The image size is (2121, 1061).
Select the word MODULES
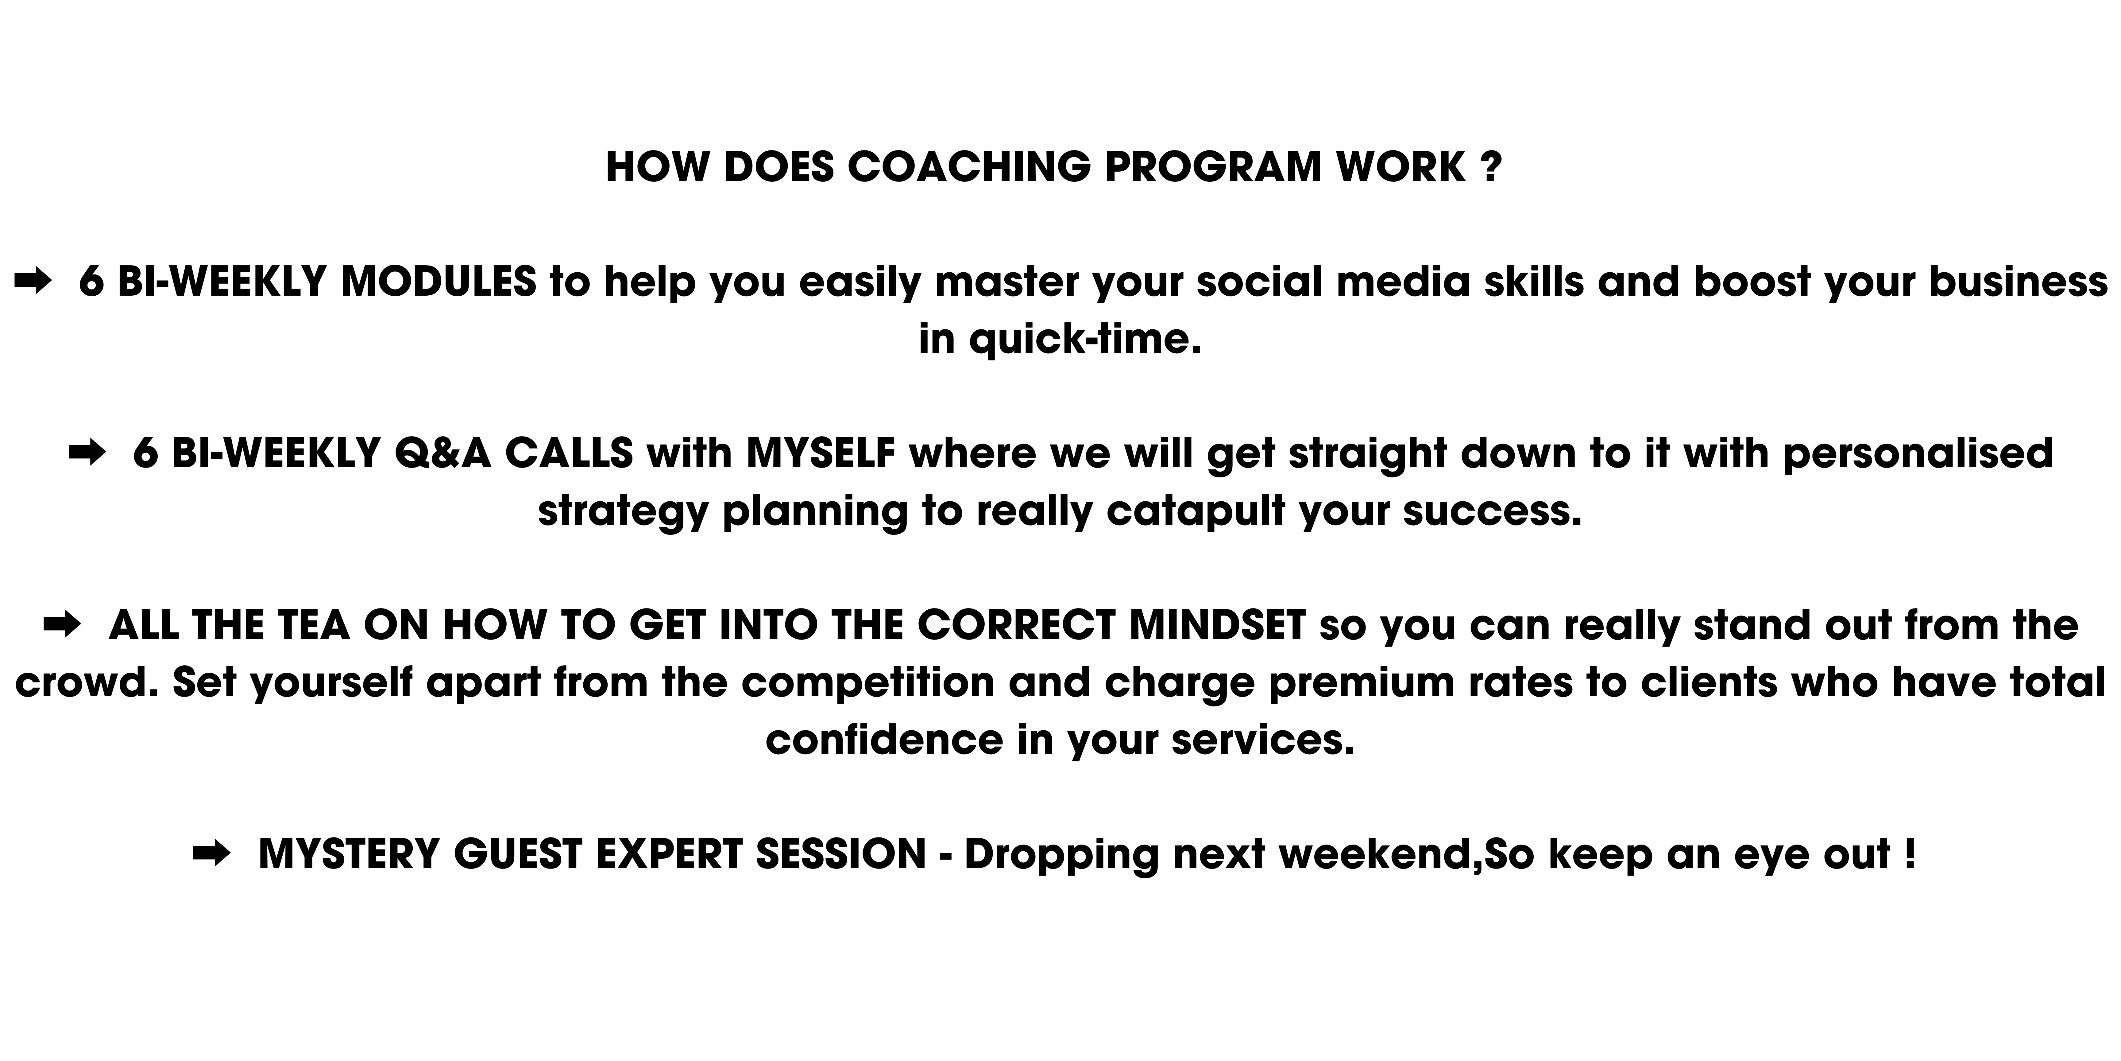pos(439,282)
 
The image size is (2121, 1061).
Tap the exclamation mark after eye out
pos(1909,854)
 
